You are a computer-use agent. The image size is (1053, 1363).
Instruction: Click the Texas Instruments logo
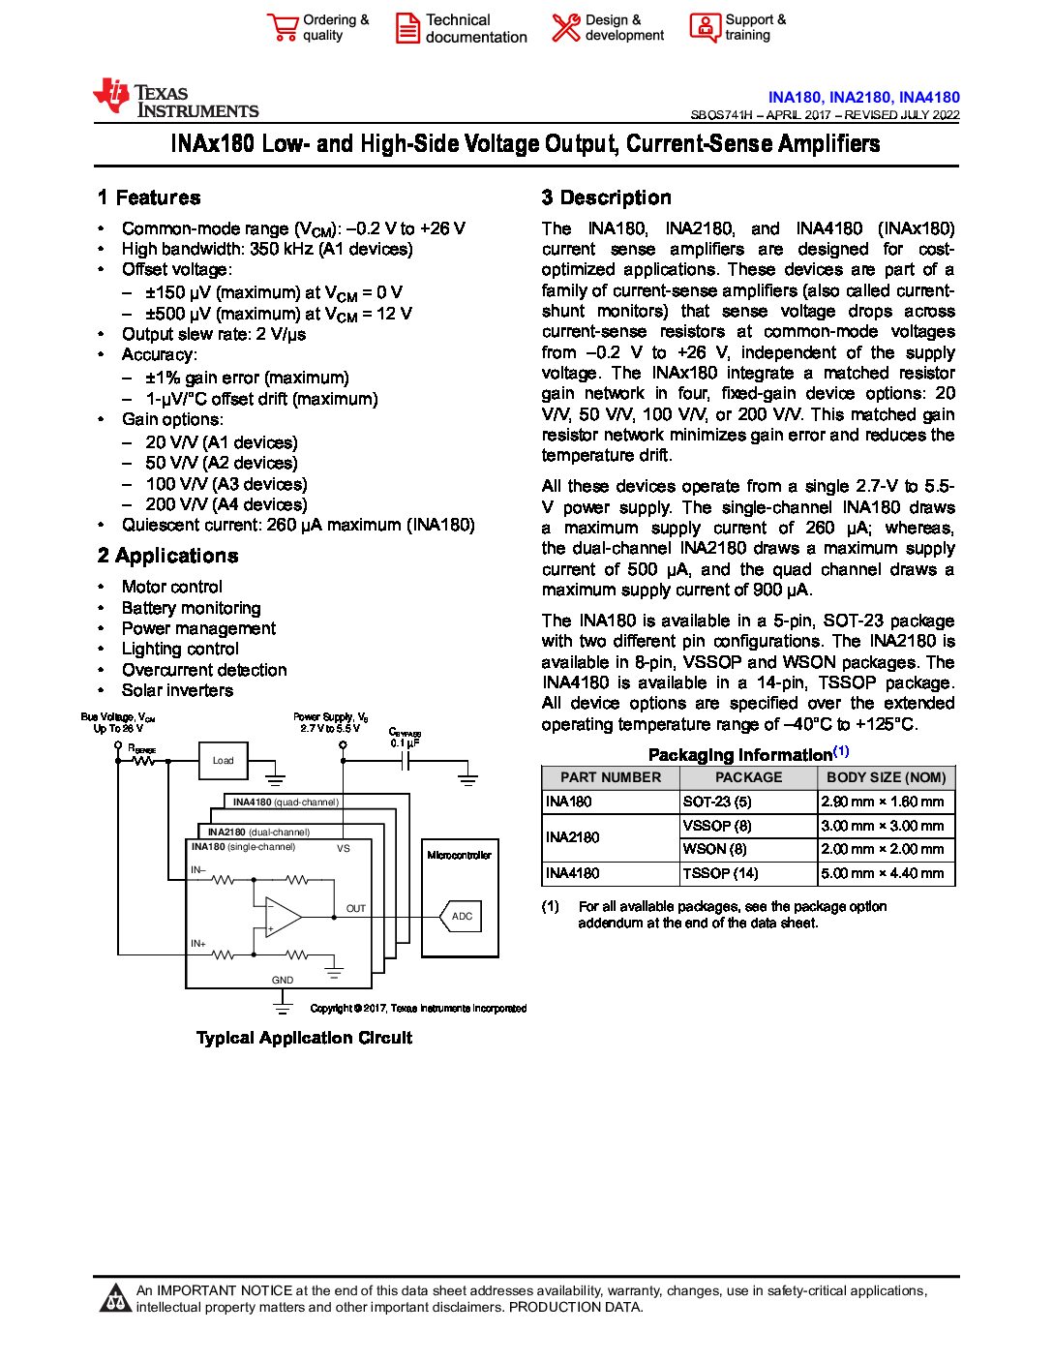(x=175, y=99)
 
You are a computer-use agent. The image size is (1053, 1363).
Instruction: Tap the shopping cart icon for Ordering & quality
(x=283, y=27)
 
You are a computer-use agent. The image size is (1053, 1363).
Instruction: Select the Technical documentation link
(x=474, y=28)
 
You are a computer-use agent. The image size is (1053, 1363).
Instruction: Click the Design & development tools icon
(x=566, y=27)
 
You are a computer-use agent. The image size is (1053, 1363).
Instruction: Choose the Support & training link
(x=754, y=27)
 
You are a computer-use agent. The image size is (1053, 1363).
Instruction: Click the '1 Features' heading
(x=149, y=197)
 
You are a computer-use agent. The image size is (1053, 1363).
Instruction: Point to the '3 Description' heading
(x=606, y=197)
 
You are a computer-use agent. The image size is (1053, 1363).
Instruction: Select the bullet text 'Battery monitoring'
(x=191, y=608)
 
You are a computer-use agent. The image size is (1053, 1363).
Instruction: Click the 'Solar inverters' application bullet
(x=177, y=690)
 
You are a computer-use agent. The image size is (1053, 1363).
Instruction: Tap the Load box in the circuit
(x=224, y=760)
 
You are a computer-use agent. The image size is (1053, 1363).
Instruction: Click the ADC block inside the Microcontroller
(x=462, y=916)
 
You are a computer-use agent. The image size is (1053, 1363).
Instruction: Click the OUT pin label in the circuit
(x=355, y=908)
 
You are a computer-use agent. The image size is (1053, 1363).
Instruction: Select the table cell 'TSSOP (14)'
(x=720, y=873)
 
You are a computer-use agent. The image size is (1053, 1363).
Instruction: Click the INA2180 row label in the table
(x=572, y=837)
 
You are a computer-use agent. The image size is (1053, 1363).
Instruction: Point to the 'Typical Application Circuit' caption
(x=304, y=1038)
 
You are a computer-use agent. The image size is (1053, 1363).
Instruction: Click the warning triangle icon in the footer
(x=115, y=1298)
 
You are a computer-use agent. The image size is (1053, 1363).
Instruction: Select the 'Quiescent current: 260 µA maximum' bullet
(x=298, y=525)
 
